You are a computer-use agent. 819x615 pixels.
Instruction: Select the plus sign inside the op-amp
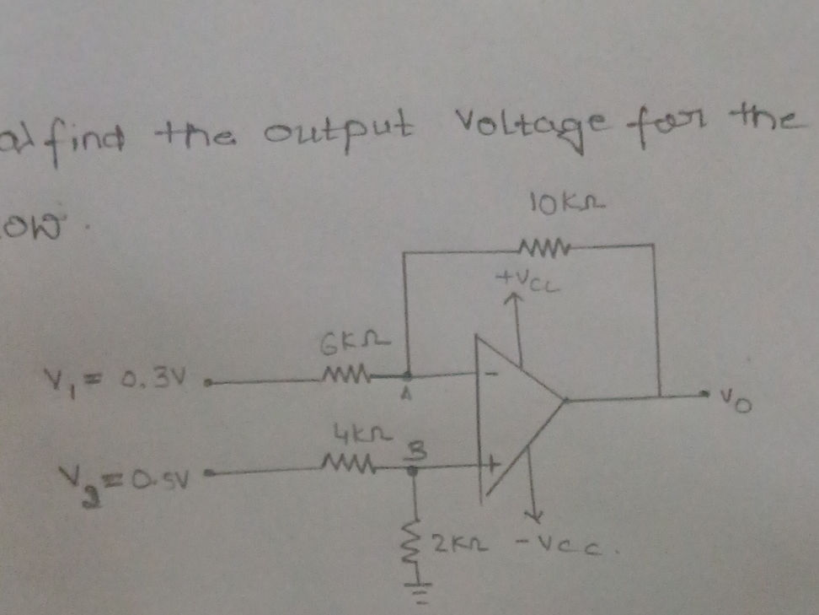point(489,463)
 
